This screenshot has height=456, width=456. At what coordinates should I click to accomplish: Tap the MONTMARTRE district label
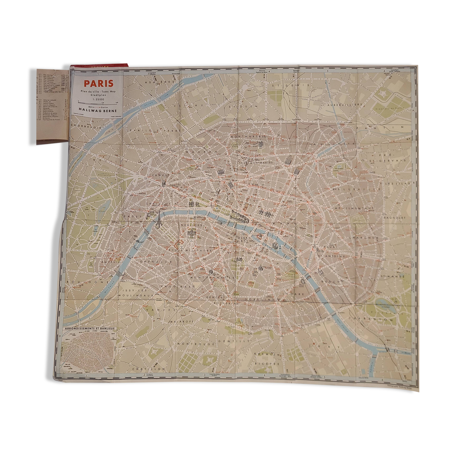click(248, 137)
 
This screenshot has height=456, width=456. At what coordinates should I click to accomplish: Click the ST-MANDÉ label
click(393, 277)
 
